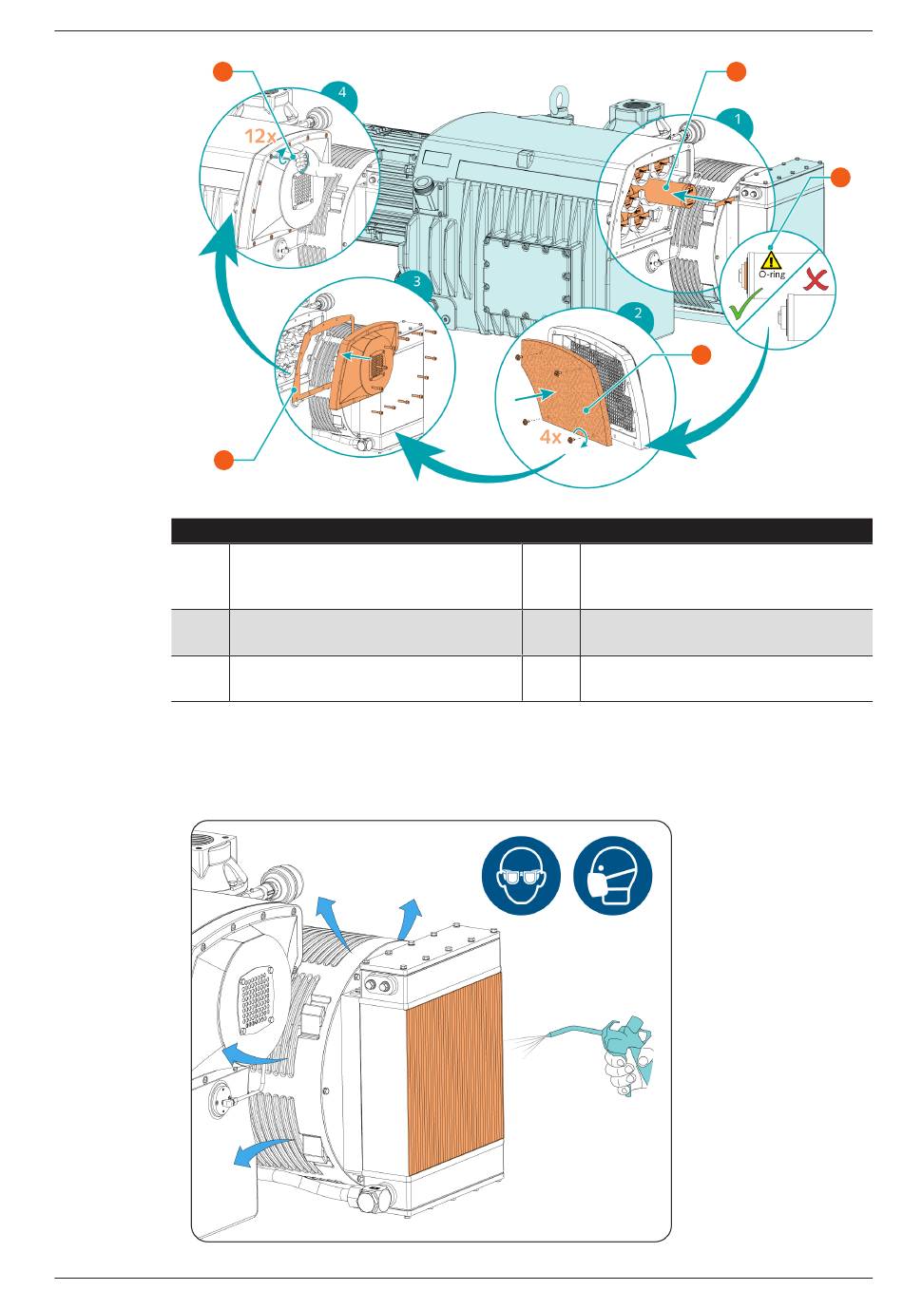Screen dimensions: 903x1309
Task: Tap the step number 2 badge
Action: point(638,313)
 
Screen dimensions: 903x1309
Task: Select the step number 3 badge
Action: point(416,282)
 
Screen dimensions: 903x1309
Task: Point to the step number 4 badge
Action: point(342,92)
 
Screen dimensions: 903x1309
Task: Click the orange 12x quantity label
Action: point(260,136)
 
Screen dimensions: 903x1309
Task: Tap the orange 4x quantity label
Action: point(549,436)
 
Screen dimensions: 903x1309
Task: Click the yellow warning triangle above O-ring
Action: point(772,260)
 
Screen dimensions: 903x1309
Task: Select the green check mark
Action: point(745,303)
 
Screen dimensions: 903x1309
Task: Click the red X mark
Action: point(816,279)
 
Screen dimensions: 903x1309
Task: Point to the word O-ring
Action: point(772,275)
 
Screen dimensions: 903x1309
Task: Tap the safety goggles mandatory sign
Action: point(521,875)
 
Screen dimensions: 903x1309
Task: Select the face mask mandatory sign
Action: point(612,875)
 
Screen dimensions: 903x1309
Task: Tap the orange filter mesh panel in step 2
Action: point(565,391)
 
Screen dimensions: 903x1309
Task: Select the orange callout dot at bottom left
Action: point(223,460)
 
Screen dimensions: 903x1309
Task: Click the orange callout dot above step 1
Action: point(736,71)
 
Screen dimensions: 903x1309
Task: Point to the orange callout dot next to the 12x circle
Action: point(223,72)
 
